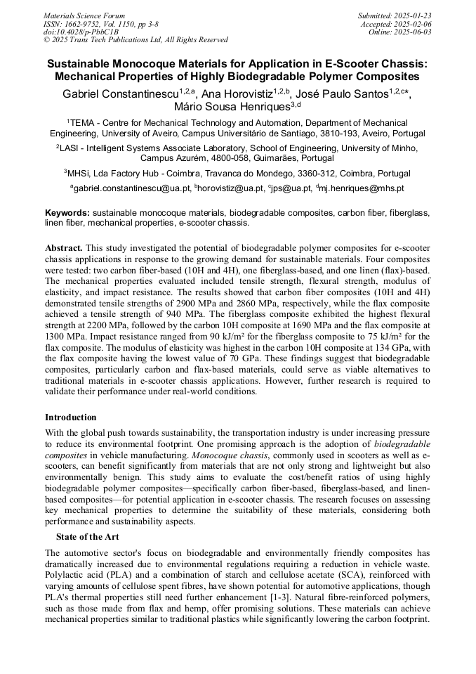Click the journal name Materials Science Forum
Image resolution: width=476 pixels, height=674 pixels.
[x=84, y=15]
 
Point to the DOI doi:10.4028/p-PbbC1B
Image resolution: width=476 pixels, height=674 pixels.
[x=81, y=32]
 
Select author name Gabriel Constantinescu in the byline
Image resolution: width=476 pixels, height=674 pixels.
[x=118, y=93]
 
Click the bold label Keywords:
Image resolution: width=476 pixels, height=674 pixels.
[x=67, y=212]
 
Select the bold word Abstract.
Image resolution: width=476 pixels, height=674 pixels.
[x=64, y=249]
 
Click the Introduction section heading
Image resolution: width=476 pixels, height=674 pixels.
[x=71, y=417]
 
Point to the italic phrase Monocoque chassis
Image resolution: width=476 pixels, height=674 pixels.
[x=207, y=456]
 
